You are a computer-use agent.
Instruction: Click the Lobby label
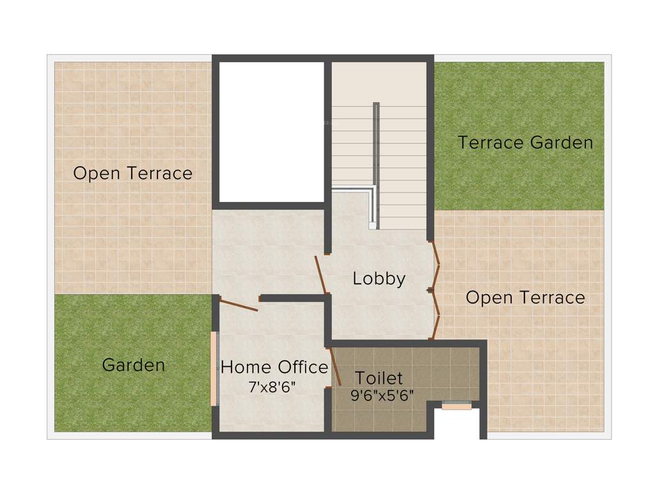pos(379,279)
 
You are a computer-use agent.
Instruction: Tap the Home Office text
pos(274,367)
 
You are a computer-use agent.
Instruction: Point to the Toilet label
pos(379,377)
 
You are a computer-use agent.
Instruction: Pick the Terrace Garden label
pos(525,143)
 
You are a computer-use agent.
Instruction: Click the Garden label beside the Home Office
pos(133,365)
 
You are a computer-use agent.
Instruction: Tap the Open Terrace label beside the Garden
pos(132,173)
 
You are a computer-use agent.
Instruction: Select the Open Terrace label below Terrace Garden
pos(525,297)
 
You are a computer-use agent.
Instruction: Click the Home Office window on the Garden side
pos(214,369)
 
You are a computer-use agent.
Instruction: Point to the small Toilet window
pos(457,405)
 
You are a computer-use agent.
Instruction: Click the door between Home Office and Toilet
pos(335,367)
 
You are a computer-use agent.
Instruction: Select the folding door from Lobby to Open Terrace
pos(436,290)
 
